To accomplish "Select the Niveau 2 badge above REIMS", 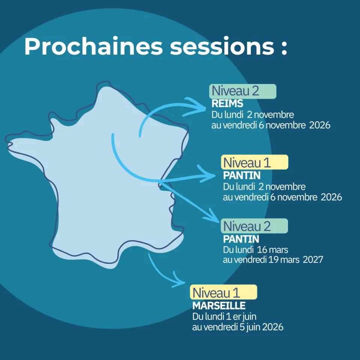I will pos(243,91).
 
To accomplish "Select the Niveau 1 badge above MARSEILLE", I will pos(224,292).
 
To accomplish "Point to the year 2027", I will pos(313,259).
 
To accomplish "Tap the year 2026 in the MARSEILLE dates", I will pos(273,327).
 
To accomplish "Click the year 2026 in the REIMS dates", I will pos(319,125).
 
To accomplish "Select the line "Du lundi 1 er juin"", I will pos(224,316).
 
